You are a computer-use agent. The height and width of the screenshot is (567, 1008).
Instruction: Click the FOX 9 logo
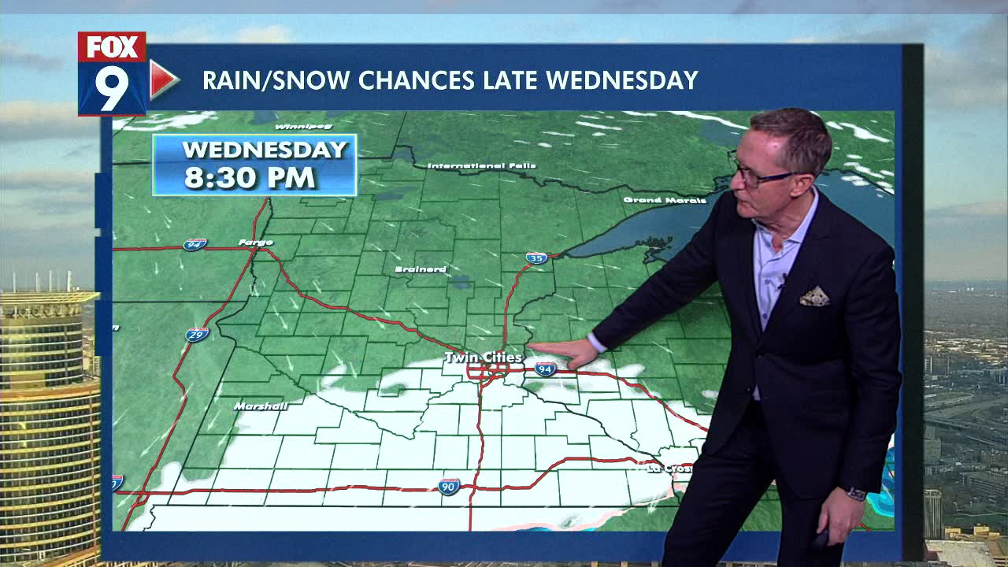click(x=112, y=74)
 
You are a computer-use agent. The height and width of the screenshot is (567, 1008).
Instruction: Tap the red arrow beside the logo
click(x=163, y=80)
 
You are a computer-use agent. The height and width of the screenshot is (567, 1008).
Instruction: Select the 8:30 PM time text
click(x=250, y=177)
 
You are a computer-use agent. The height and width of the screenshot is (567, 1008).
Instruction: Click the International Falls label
click(x=481, y=166)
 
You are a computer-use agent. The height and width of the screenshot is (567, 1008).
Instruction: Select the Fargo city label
click(x=255, y=243)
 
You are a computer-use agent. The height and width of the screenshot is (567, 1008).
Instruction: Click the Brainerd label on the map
click(x=420, y=269)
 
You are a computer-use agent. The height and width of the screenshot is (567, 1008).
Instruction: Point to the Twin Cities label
click(x=483, y=358)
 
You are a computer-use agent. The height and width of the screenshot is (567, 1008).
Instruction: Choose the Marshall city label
click(x=260, y=406)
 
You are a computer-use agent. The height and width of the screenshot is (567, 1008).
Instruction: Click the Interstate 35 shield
click(x=536, y=258)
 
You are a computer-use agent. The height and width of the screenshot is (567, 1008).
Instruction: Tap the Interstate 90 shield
click(x=449, y=486)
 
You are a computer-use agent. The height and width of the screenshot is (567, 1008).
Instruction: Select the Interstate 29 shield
click(x=197, y=335)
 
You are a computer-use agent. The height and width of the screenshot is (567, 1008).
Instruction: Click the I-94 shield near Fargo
click(x=195, y=244)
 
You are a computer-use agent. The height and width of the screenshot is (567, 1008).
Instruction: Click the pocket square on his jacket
click(x=814, y=297)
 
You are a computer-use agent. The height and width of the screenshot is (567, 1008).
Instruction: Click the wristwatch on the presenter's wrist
click(x=856, y=494)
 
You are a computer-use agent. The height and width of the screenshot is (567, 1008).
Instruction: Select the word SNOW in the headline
click(x=305, y=80)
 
